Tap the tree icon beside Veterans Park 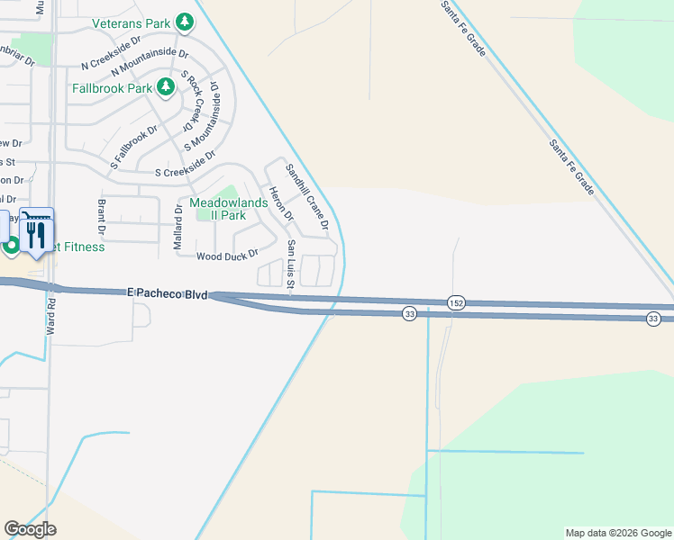tap(184, 22)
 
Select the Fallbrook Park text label tap(113, 88)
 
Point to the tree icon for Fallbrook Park tap(165, 87)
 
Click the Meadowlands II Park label tap(216, 209)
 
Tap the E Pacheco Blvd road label tap(168, 294)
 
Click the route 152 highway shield tap(457, 303)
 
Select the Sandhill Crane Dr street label tap(307, 196)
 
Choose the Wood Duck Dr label tap(227, 256)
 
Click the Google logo tap(30, 529)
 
